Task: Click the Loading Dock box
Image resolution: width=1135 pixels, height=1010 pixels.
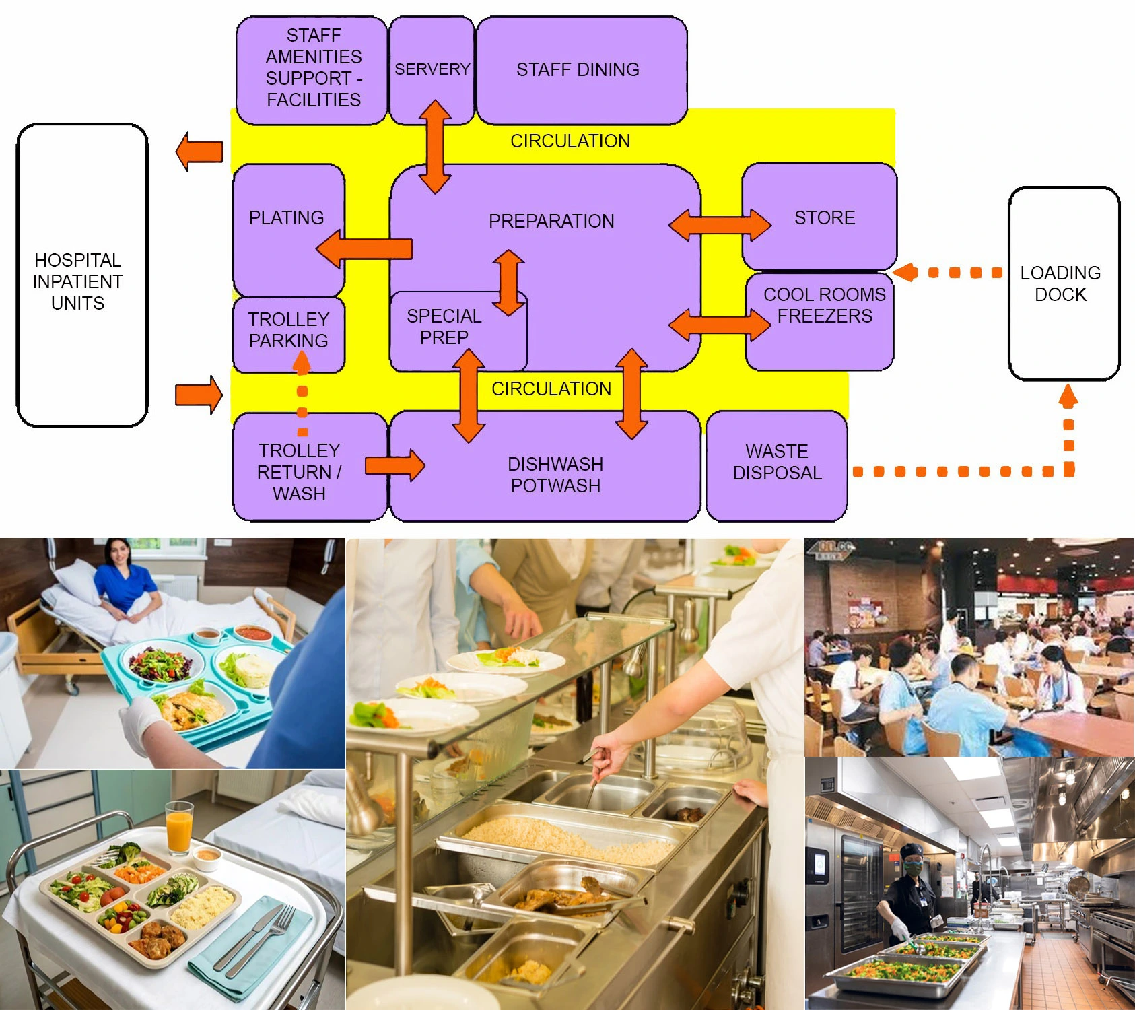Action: (x=1063, y=283)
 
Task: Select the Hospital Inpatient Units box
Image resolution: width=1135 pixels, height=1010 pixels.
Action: (x=81, y=276)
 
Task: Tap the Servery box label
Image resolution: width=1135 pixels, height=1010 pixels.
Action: (x=432, y=69)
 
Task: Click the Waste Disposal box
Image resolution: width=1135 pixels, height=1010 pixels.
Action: (x=776, y=465)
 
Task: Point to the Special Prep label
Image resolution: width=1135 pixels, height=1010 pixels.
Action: (x=444, y=327)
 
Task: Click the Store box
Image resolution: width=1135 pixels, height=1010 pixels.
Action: (x=824, y=217)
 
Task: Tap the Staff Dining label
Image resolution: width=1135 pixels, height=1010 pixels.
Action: (x=578, y=69)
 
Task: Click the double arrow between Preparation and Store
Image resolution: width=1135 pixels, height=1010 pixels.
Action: (x=720, y=225)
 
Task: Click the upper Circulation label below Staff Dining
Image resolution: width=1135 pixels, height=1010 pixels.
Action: (x=570, y=141)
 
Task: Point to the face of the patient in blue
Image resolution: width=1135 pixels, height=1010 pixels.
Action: (x=118, y=554)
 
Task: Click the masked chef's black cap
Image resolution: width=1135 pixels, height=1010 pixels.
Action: (x=912, y=850)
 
